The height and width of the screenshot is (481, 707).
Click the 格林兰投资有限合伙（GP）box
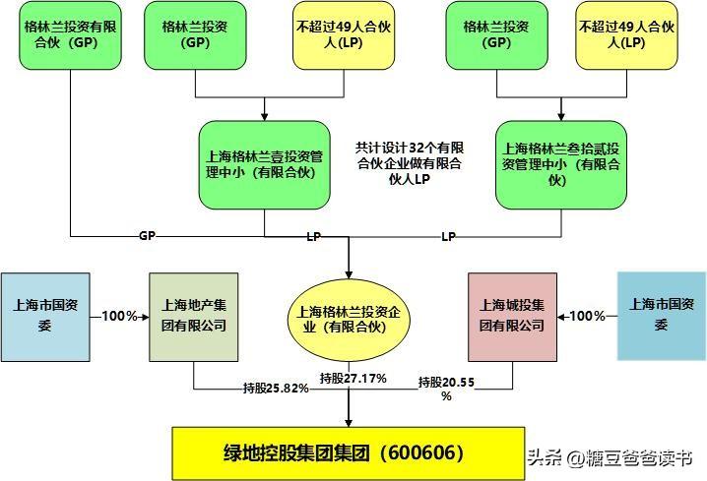coord(70,35)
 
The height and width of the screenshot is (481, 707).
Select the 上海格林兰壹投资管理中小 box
coord(265,162)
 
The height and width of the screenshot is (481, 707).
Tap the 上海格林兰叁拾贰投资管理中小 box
coord(561,162)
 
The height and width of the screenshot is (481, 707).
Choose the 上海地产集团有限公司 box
coord(193,316)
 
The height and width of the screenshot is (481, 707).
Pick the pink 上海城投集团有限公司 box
coord(512,316)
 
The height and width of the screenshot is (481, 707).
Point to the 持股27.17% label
coord(353,378)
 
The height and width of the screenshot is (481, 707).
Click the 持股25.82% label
coord(276,388)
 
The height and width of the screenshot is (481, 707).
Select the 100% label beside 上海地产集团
coord(119,316)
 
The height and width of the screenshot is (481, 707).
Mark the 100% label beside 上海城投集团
coord(588,316)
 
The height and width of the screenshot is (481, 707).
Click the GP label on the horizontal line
coord(147,237)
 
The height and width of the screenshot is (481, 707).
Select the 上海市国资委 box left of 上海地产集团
coord(45,316)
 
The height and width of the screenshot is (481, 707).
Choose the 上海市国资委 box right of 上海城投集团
coord(662,316)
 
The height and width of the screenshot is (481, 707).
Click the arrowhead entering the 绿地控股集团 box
coord(350,421)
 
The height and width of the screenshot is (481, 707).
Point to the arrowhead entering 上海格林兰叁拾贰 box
coord(561,115)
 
